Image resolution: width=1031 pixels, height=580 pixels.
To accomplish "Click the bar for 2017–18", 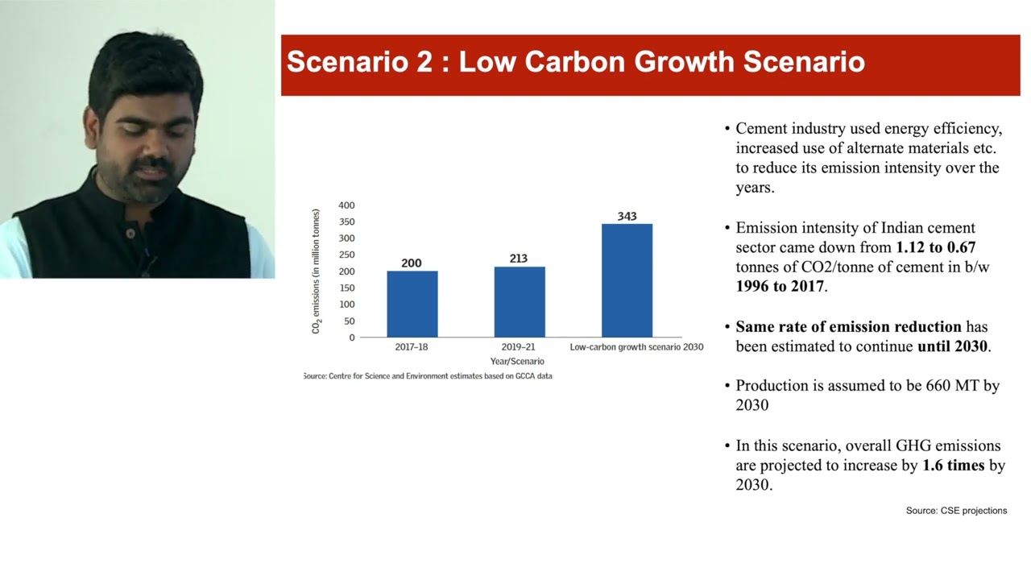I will (412, 304).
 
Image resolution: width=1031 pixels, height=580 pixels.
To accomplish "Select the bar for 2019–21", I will (519, 301).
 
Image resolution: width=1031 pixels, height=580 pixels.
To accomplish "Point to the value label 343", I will (627, 216).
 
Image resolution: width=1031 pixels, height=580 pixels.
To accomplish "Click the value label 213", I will (519, 259).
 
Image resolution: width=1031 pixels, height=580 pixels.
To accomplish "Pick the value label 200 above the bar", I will (412, 263).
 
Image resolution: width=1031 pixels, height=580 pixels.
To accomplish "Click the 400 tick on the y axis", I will (346, 205).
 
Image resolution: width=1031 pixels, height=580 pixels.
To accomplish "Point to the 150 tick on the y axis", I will (346, 288).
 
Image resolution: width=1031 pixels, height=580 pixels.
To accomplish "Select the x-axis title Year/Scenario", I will (517, 361).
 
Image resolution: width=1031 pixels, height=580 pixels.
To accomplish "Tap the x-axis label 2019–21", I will (517, 347).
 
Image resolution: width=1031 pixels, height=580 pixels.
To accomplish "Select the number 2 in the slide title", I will (424, 62).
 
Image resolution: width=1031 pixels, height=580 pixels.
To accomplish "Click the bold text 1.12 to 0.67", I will (935, 247).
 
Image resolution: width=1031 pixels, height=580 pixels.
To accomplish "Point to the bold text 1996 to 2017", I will (779, 287).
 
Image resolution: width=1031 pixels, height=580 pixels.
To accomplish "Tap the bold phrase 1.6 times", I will (953, 466).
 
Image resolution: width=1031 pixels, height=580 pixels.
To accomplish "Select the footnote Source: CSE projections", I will (956, 511).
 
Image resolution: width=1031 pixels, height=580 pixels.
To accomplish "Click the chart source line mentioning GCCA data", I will (428, 376).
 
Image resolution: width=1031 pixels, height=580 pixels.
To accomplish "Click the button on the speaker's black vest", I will (130, 233).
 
